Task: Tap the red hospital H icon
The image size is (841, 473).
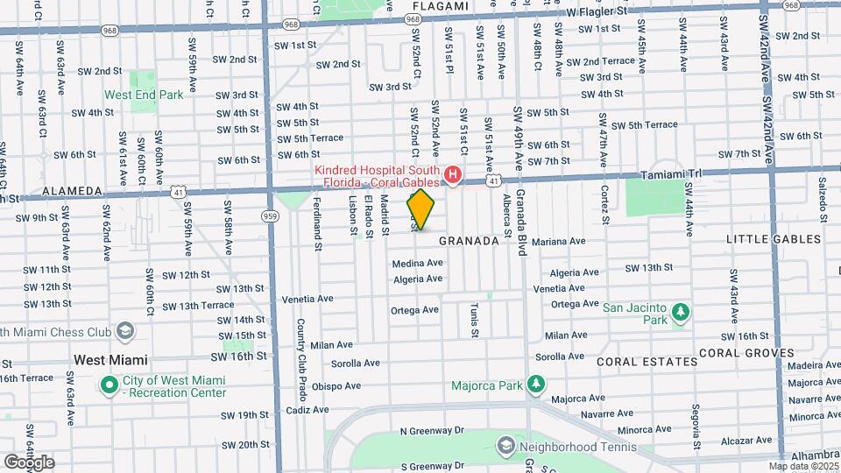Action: pyautogui.click(x=453, y=175)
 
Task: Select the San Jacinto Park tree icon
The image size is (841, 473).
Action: pyautogui.click(x=679, y=312)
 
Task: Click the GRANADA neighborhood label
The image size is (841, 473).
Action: pyautogui.click(x=469, y=240)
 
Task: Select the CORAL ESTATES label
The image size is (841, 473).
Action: pyautogui.click(x=643, y=361)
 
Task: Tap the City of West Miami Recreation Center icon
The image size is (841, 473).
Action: pyautogui.click(x=110, y=385)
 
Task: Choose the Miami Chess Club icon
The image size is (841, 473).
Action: pyautogui.click(x=125, y=331)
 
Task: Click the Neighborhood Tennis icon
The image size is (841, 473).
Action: pyautogui.click(x=505, y=447)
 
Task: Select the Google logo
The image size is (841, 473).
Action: pyautogui.click(x=28, y=462)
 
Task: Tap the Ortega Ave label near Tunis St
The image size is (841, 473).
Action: pyautogui.click(x=414, y=310)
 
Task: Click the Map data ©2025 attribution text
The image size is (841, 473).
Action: pyautogui.click(x=802, y=466)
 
